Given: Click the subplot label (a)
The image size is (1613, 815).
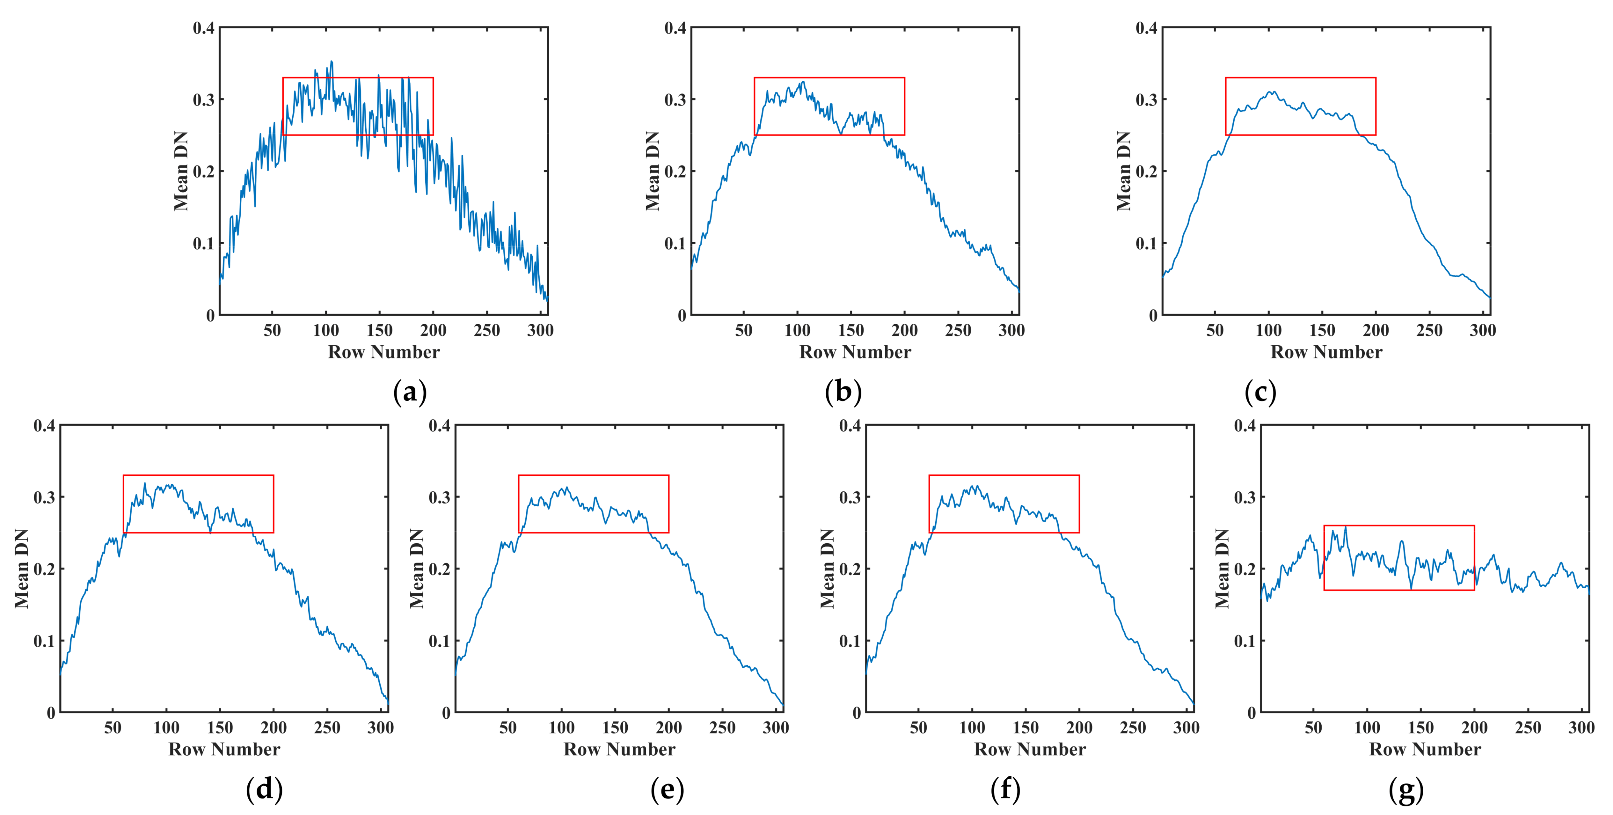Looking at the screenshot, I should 410,392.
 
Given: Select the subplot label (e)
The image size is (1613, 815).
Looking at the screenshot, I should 667,789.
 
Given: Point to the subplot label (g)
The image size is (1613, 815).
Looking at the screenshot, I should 1406,789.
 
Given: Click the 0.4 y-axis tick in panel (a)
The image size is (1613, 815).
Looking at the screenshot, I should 204,28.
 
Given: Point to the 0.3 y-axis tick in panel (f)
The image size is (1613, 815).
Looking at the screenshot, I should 850,497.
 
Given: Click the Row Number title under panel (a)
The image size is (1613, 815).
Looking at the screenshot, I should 384,352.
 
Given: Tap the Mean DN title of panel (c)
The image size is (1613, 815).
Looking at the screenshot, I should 1124,171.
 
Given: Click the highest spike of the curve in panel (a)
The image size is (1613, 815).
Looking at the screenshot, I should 331,61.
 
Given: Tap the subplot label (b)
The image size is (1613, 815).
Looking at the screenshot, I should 843,392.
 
